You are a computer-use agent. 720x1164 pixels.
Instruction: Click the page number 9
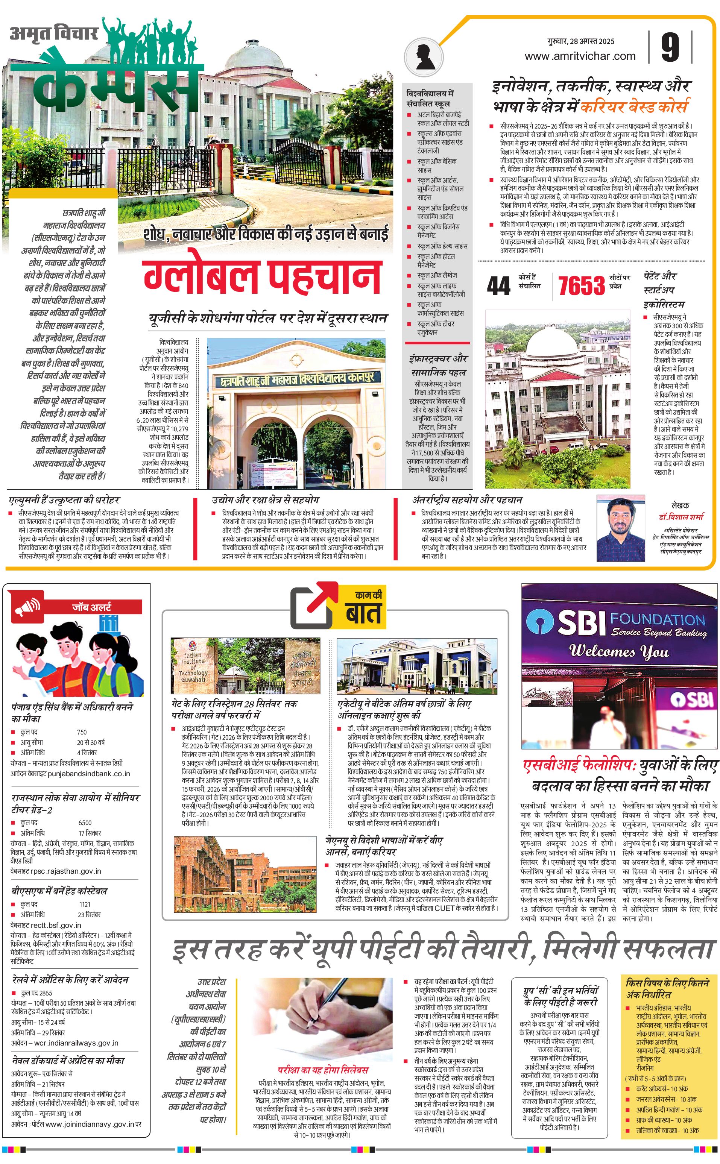point(670,48)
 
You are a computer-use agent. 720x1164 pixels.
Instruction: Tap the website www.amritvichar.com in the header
point(580,56)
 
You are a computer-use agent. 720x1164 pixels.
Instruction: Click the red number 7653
point(582,286)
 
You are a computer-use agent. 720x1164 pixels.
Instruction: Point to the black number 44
point(498,286)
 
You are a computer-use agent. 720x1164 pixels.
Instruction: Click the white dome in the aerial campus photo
point(548,342)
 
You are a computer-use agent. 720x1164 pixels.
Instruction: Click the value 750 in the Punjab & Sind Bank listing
point(82,732)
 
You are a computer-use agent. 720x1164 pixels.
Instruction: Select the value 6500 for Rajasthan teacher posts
point(85,823)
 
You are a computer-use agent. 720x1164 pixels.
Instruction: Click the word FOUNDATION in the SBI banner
point(657,619)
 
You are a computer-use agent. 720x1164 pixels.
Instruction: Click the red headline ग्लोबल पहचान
point(262,276)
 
